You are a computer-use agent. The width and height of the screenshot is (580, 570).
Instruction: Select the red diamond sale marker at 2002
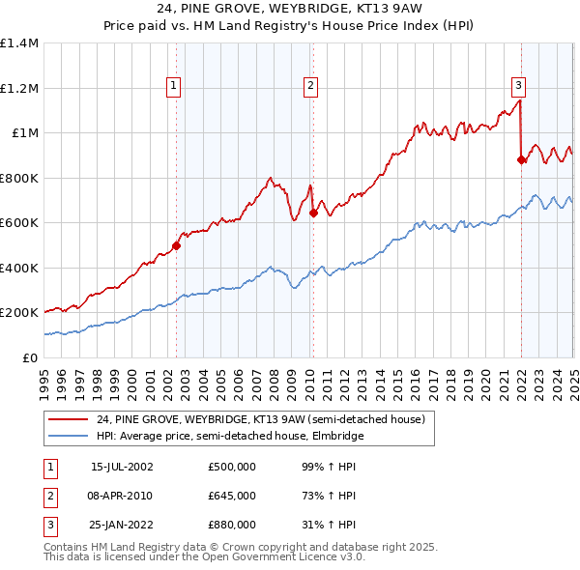[x=177, y=245]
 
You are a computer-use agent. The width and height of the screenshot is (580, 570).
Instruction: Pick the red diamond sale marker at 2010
[x=313, y=214]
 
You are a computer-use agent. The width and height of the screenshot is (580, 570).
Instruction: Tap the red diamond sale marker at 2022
[x=522, y=160]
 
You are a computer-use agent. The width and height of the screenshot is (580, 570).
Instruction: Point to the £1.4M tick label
[x=18, y=43]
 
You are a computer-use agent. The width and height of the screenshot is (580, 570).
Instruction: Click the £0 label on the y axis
[x=31, y=357]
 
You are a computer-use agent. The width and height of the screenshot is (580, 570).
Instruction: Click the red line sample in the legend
[x=68, y=420]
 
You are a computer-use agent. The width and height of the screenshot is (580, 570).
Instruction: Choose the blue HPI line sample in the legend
[x=68, y=436]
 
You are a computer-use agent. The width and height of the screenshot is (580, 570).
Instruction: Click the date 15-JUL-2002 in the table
[x=122, y=467]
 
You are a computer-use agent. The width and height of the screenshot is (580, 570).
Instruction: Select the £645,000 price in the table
[x=232, y=496]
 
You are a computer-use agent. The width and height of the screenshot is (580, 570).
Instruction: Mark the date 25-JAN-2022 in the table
[x=122, y=525]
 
